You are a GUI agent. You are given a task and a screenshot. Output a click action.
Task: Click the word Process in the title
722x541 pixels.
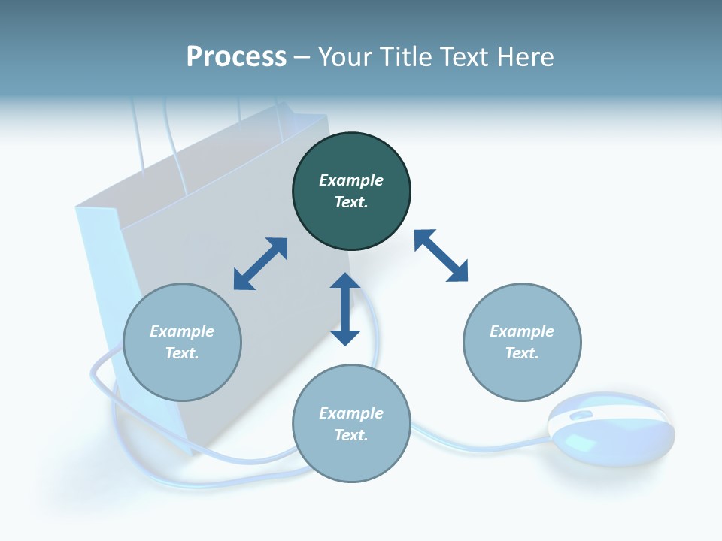[x=236, y=57]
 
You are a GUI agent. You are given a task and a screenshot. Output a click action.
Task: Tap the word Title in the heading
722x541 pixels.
[x=404, y=57]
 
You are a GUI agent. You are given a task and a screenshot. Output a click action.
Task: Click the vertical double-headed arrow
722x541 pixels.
[x=345, y=309]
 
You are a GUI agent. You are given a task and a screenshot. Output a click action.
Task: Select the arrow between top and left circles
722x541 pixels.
[x=260, y=264]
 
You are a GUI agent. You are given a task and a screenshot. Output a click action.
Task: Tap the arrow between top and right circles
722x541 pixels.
[x=441, y=255]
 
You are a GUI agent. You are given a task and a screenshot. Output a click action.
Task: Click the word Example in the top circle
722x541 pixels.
[x=351, y=180]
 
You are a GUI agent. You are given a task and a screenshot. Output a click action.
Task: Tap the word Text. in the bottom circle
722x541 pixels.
[x=351, y=435]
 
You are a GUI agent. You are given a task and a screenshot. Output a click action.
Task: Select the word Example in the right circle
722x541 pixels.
[x=522, y=331]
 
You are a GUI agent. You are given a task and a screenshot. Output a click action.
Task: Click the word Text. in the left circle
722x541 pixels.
[x=182, y=353]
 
